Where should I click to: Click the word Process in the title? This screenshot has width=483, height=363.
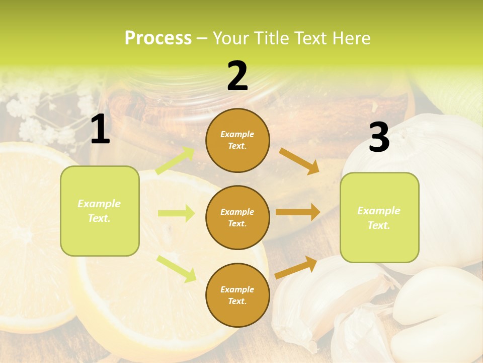tap(158, 38)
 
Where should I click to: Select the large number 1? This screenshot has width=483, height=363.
tap(101, 130)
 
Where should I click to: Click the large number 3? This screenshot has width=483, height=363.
tap(379, 138)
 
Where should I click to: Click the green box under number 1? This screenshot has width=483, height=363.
tap(100, 211)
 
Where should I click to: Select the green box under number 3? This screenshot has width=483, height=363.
tap(379, 217)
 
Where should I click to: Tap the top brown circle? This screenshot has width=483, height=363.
tap(237, 140)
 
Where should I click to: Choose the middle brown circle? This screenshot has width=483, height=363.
tap(237, 217)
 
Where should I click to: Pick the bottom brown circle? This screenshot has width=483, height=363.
tap(237, 295)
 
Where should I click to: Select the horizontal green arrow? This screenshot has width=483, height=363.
tap(176, 213)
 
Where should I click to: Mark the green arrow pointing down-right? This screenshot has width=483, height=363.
tap(177, 268)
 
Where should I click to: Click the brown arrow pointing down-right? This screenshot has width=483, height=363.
tap(299, 161)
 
